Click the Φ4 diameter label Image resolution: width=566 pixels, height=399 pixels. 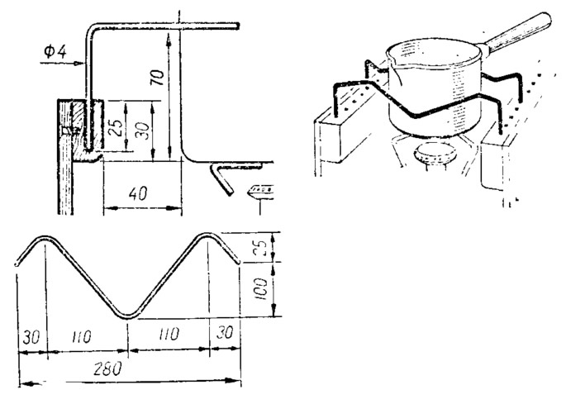pos(55,51)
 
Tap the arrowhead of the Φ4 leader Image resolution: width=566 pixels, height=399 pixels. pos(79,64)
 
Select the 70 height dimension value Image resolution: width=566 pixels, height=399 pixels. pos(158,77)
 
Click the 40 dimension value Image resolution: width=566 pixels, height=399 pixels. pos(137,193)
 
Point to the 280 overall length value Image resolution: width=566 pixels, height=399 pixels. pos(107,368)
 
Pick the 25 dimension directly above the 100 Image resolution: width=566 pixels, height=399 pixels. pos(263,247)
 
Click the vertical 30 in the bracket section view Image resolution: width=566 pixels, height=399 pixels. pos(143,131)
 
